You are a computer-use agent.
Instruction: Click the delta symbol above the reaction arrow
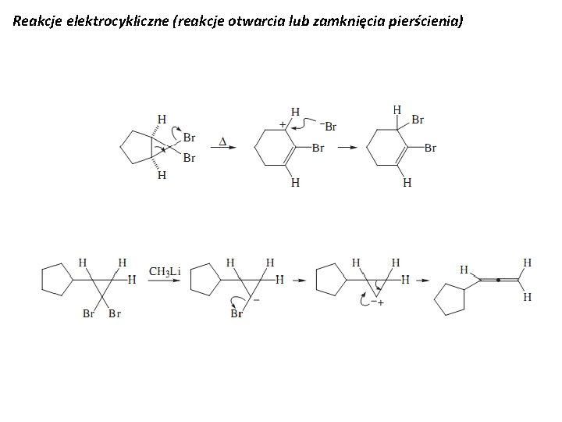tap(222, 141)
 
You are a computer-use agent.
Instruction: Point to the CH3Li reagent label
tap(165, 271)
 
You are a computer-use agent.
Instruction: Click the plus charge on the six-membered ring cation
tap(282, 123)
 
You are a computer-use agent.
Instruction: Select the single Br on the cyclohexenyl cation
tap(318, 148)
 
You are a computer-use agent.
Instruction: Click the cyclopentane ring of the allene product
tap(450, 299)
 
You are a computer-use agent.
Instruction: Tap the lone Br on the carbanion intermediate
tap(237, 313)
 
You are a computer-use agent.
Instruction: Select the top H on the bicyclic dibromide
tap(162, 119)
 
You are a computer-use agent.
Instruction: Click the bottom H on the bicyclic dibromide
tap(162, 176)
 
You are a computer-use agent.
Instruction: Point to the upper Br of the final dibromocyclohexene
tap(418, 120)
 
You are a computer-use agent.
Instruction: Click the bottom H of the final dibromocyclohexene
tap(407, 184)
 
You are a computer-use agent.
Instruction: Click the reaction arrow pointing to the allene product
tap(421, 279)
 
